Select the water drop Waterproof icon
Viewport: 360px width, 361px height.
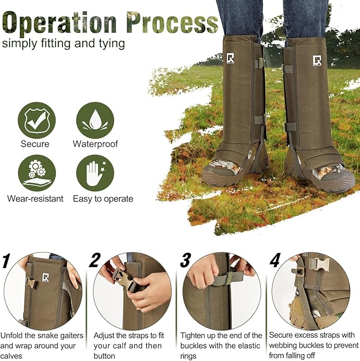pyautogui.click(x=95, y=120)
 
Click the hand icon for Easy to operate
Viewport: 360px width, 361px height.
pyautogui.click(x=95, y=173)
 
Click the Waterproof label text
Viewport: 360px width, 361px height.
pyautogui.click(x=95, y=144)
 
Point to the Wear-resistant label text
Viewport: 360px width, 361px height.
pyautogui.click(x=36, y=199)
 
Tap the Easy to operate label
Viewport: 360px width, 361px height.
pyautogui.click(x=104, y=199)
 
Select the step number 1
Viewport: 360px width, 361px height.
pyautogui.click(x=7, y=261)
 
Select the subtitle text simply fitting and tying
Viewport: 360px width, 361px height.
pyautogui.click(x=63, y=43)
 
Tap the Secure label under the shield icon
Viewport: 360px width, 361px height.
pyautogui.click(x=36, y=144)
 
